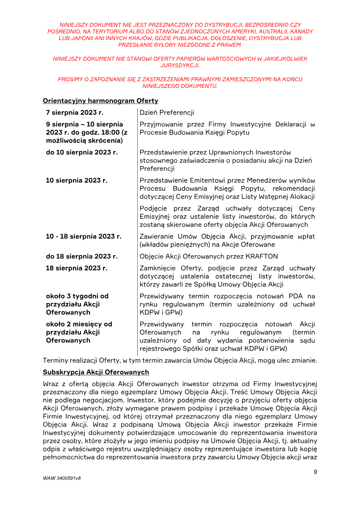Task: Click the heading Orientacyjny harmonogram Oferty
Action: pyautogui.click(x=100, y=101)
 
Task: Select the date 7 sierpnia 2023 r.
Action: pyautogui.click(x=75, y=113)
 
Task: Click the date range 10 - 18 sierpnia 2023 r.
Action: pyautogui.click(x=84, y=236)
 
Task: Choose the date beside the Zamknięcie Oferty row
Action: pyautogui.click(x=77, y=268)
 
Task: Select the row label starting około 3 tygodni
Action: pyautogui.click(x=77, y=296)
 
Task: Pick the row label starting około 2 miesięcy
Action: pyautogui.click(x=79, y=324)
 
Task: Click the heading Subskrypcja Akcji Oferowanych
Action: pyautogui.click(x=96, y=373)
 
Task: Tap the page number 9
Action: pyautogui.click(x=315, y=472)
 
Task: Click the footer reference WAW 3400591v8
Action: pyautogui.click(x=62, y=477)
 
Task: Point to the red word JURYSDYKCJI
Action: pyautogui.click(x=180, y=65)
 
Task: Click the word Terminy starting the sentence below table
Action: pyautogui.click(x=56, y=360)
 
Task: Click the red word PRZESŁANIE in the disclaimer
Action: pyautogui.click(x=136, y=45)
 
